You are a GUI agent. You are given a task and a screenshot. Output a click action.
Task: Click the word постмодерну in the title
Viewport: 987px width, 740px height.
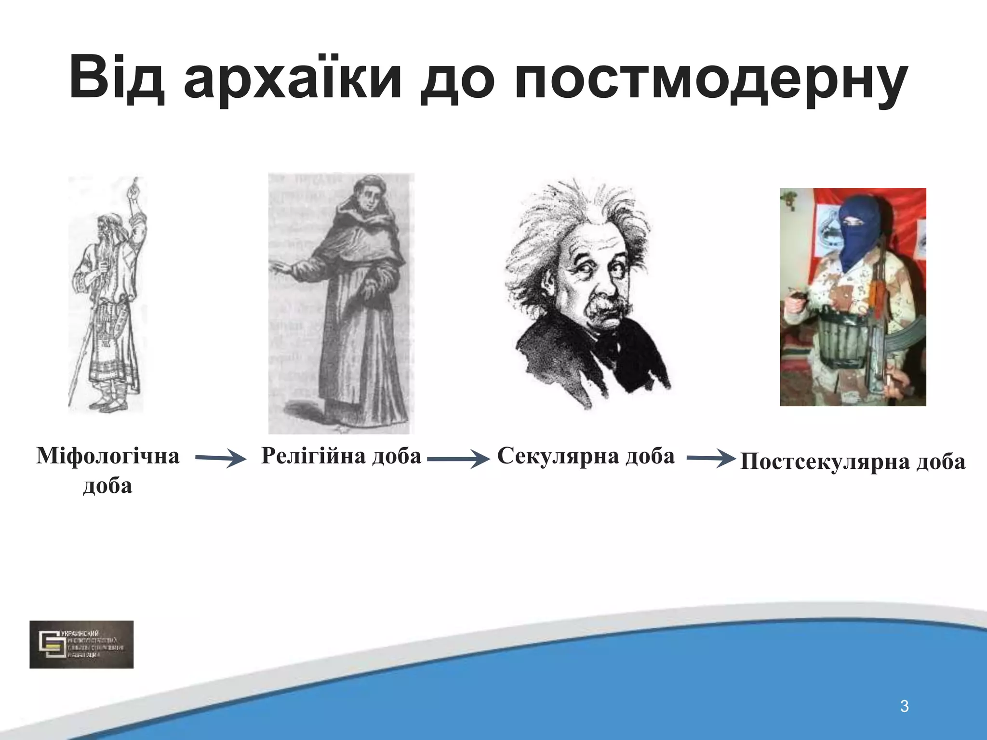pos(711,79)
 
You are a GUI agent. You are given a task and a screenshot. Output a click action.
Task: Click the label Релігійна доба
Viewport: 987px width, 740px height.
pos(341,456)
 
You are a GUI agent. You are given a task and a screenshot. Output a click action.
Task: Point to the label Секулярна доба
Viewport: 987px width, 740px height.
pos(586,456)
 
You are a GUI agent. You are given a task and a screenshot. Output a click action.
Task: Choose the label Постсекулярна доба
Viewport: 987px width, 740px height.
pos(853,462)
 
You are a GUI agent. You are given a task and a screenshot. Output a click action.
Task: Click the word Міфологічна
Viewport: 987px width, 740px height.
pos(108,456)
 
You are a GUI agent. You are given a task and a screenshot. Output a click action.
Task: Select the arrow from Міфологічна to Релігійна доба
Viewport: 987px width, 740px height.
pos(220,459)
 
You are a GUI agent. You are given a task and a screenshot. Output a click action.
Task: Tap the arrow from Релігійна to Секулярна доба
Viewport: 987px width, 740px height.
pos(458,459)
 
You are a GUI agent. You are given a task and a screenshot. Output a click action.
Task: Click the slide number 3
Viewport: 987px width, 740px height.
pos(904,707)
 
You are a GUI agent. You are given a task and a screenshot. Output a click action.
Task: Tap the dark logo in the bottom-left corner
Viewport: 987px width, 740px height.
pos(81,644)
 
